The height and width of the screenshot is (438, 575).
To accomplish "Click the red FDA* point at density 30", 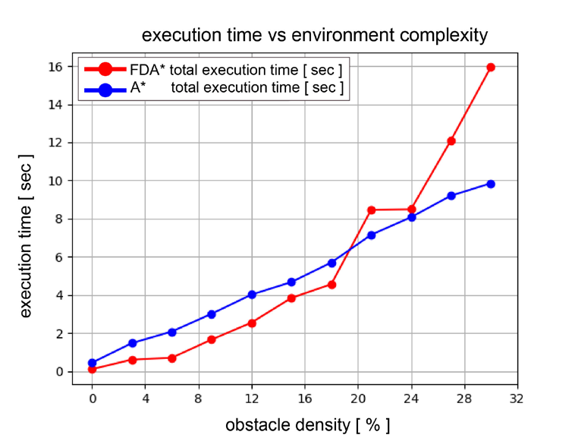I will click(x=491, y=67).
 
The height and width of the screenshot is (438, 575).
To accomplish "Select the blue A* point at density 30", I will click(x=491, y=184).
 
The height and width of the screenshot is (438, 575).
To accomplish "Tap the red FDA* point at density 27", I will click(x=451, y=140).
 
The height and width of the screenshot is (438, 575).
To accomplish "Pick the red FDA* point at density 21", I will click(x=371, y=210).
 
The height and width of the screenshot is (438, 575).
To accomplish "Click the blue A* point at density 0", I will click(x=92, y=363).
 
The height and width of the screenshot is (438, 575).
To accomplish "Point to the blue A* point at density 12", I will click(x=252, y=295).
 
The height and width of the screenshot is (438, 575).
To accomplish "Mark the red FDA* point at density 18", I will click(x=331, y=285).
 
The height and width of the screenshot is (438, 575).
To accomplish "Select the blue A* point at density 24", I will click(x=411, y=217).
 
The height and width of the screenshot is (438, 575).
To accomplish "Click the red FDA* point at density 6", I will click(x=172, y=358).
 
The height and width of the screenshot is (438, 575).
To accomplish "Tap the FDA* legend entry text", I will click(x=236, y=70).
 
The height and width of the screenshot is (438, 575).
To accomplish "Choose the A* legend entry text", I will click(x=236, y=88).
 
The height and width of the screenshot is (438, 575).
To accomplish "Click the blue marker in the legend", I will click(x=105, y=89).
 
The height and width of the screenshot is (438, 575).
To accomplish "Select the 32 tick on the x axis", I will click(x=517, y=397).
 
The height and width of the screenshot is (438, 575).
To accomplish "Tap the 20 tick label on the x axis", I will click(x=358, y=397).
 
